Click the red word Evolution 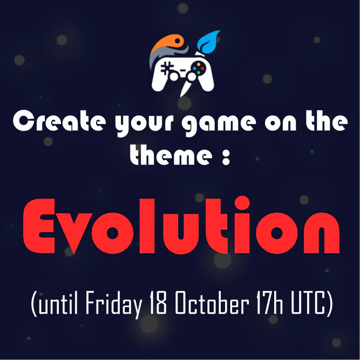pos(181,226)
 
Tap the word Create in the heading pos(59,121)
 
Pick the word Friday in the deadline pos(114,303)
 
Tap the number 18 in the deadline pos(158,303)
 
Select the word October pos(212,303)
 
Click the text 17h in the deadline pos(269,303)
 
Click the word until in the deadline pos(58,303)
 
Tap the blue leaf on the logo pos(208,42)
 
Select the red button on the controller pos(202,69)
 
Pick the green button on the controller pos(199,72)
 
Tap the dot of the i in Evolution pos(242,203)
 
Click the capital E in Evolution pos(39,226)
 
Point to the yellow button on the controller pos(199,65)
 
